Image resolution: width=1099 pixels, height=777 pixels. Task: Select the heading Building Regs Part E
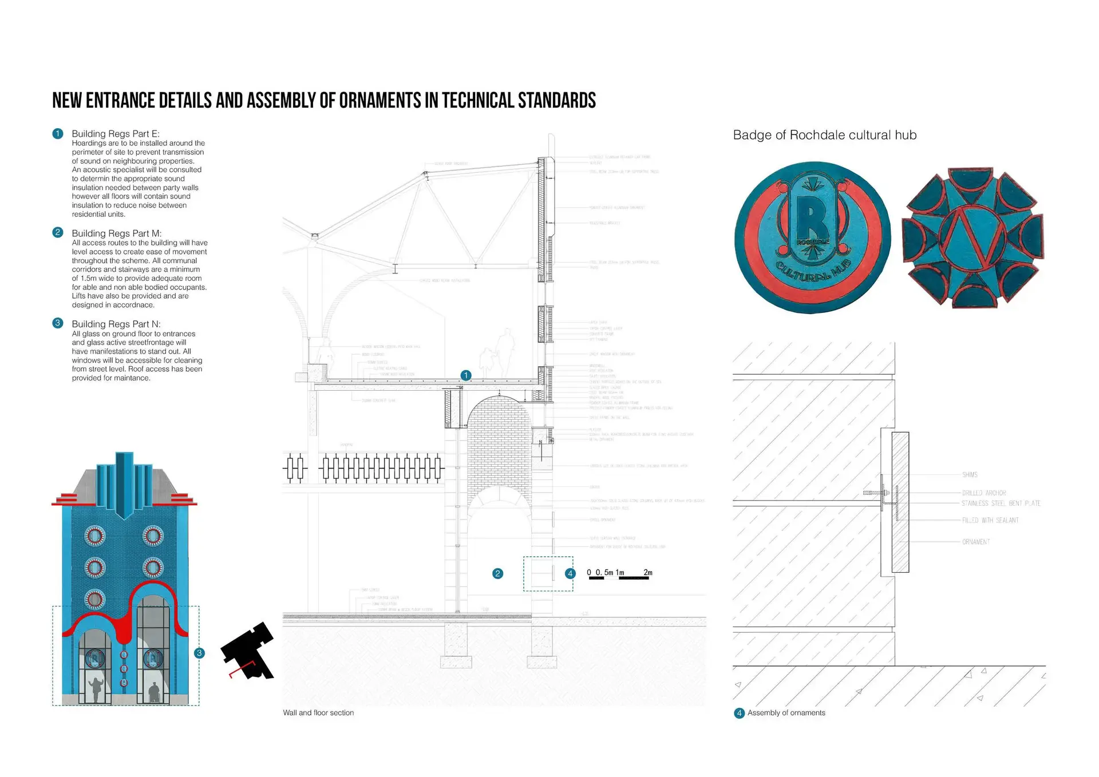[x=115, y=134]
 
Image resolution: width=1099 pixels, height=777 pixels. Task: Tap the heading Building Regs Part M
[x=116, y=233]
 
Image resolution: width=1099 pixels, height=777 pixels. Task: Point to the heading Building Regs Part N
[x=116, y=324]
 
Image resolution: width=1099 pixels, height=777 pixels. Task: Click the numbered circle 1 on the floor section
[x=466, y=375]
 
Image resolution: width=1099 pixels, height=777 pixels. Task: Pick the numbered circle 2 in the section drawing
[x=498, y=573]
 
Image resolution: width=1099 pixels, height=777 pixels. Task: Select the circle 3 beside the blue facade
[x=199, y=653]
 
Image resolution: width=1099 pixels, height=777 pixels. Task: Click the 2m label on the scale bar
[x=647, y=572]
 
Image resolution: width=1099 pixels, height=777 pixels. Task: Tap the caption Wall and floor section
[x=318, y=713]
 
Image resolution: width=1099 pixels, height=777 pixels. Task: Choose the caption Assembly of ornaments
[x=786, y=713]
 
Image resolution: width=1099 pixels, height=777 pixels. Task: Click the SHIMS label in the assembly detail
[x=970, y=475]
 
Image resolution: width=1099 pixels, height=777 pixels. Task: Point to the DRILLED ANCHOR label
[x=983, y=493]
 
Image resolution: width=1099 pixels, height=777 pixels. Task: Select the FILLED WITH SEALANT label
[x=990, y=520]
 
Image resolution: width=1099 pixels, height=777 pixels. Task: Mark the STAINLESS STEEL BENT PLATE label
[x=1001, y=504]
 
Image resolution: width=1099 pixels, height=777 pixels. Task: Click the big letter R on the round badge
[x=811, y=217]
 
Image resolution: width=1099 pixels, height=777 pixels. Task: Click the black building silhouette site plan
[x=249, y=651]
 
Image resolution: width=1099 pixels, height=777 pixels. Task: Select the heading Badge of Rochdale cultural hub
[x=824, y=135]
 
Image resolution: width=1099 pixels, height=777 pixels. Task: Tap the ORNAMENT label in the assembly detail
[x=975, y=542]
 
